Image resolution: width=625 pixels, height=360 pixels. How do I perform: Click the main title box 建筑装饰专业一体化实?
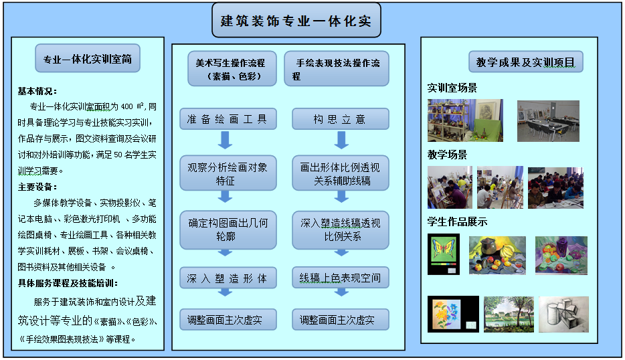296,20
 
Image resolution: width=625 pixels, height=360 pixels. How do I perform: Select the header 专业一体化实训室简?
88,58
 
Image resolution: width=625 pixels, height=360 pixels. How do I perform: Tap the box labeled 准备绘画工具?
228,119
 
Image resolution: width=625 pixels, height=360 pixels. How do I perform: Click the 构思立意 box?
341,119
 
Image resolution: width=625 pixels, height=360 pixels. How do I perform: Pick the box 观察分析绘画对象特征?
228,173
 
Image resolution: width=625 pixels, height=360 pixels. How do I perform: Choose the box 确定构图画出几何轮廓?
228,230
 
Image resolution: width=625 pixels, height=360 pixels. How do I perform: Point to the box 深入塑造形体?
228,278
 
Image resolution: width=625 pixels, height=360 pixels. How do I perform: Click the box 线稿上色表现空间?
341,278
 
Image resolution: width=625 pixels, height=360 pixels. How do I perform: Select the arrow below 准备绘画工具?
226,140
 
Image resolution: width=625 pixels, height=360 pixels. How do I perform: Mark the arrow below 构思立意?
341,140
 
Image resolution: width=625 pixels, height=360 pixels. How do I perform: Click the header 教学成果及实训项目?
526,62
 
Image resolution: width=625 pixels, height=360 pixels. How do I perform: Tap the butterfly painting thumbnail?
444,254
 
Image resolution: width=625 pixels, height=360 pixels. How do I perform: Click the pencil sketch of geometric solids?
563,314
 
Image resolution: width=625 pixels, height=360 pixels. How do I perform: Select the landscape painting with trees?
509,314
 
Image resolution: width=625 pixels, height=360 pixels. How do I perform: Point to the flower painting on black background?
453,314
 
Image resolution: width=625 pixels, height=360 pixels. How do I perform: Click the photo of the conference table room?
548,121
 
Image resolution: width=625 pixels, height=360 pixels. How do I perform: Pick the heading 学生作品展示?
457,221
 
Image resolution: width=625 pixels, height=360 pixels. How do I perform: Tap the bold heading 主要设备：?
37,187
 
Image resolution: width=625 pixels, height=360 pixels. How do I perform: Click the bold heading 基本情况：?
37,91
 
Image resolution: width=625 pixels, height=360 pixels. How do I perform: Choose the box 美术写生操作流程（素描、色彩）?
232,68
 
